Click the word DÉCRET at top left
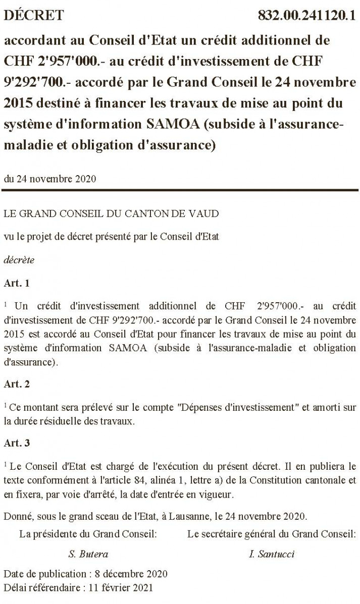pos(34,15)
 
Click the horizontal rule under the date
pos(180,190)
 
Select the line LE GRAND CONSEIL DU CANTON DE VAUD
pos(111,213)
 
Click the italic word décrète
pos(19,260)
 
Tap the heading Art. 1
pos(17,283)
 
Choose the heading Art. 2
pos(17,384)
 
